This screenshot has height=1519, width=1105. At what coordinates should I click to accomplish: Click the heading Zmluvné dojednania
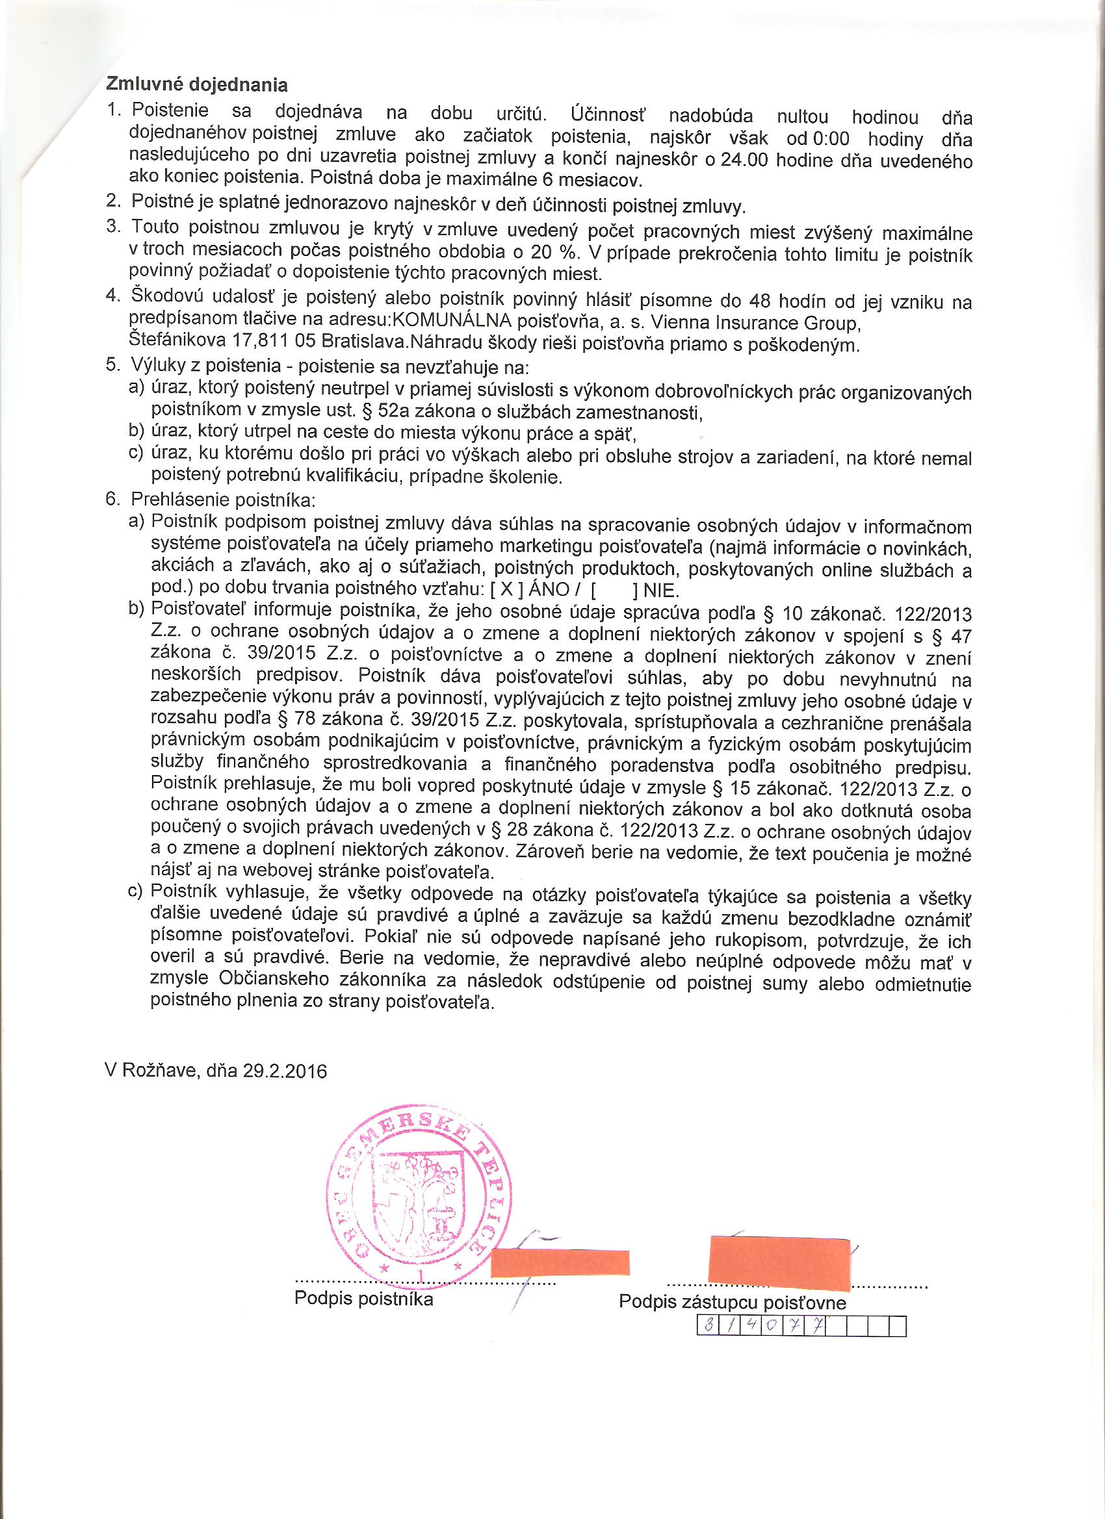(197, 85)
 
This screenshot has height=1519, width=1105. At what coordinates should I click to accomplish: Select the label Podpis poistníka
(364, 1299)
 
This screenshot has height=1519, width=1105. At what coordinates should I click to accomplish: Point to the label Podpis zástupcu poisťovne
(733, 1302)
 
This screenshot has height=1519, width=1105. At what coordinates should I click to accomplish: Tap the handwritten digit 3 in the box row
(708, 1327)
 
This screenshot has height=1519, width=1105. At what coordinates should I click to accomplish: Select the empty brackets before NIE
(615, 591)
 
